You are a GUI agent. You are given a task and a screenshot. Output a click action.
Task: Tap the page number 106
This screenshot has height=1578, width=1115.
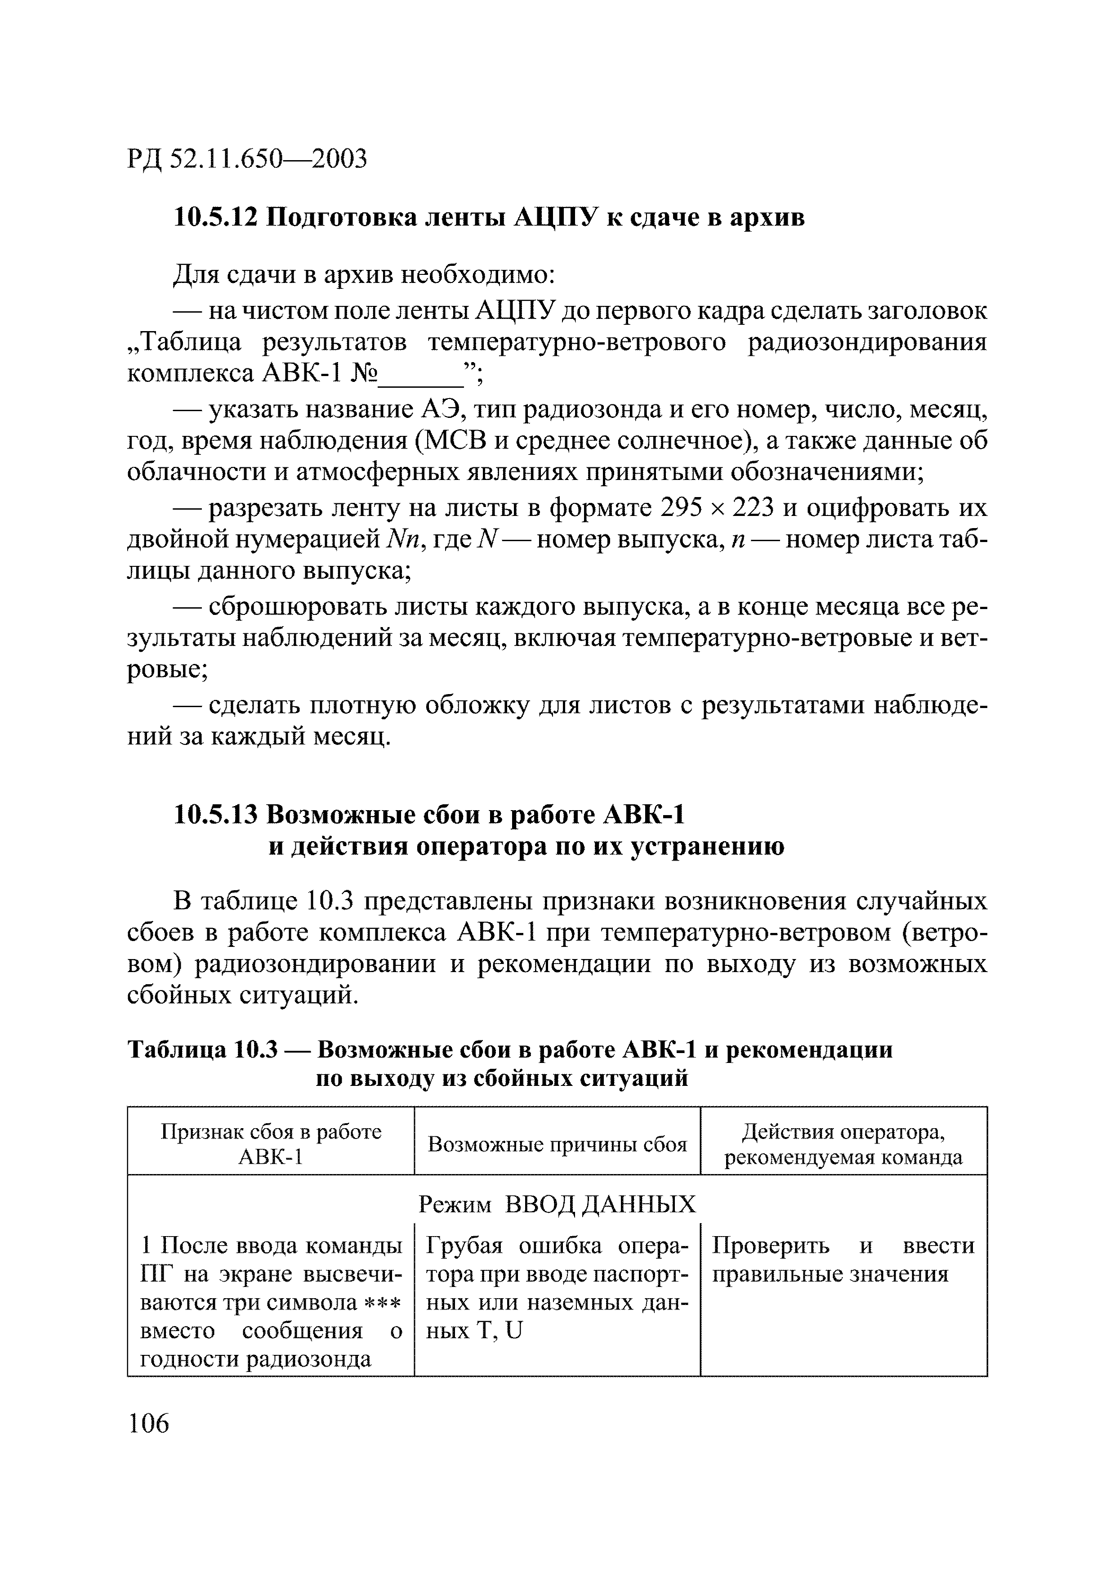[x=148, y=1423]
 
